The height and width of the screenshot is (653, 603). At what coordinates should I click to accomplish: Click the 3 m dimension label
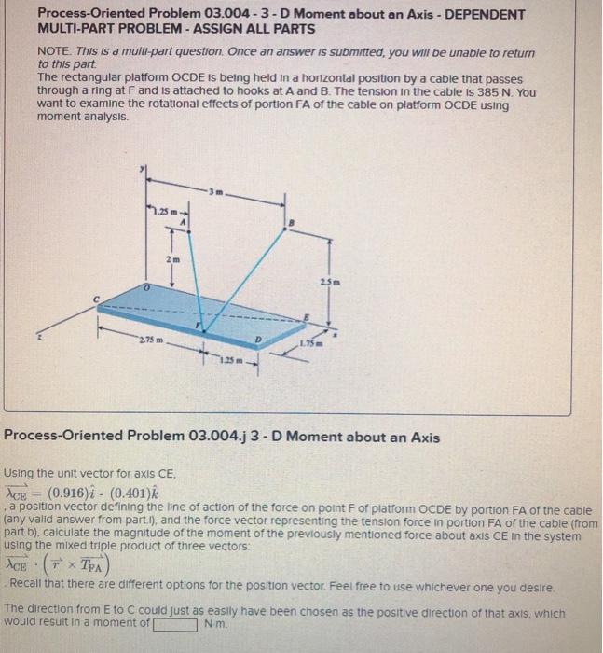215,192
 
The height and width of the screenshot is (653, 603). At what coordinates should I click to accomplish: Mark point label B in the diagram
293,221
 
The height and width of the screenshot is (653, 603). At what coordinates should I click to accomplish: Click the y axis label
142,170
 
